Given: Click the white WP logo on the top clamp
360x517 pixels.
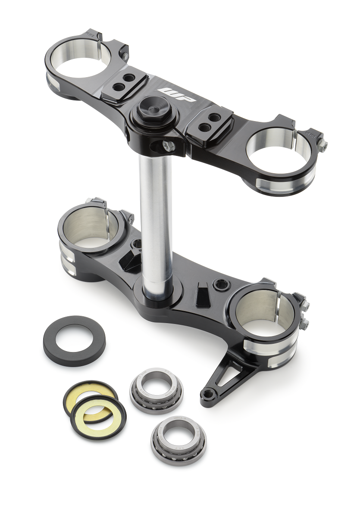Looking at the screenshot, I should (x=177, y=94).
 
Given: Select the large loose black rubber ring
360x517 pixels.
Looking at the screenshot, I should (x=74, y=341).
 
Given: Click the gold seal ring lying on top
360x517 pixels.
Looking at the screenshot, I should (x=99, y=414).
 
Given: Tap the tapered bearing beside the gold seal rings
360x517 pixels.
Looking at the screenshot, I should (x=156, y=389).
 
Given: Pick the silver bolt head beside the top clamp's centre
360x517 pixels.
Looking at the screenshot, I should (x=168, y=145).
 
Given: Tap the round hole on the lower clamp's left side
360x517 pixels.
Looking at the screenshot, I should (x=138, y=244).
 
